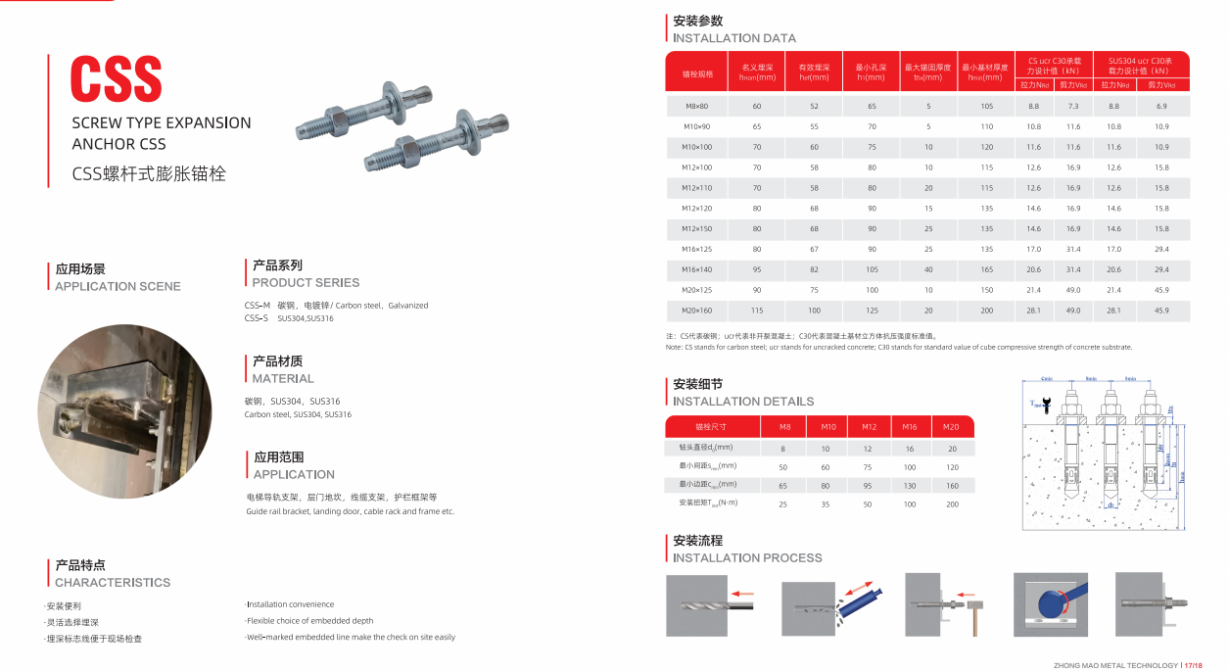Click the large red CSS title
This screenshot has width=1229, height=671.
116,78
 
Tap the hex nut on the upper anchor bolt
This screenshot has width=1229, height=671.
330,123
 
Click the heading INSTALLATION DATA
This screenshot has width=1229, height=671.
733,38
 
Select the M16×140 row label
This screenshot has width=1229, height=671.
697,269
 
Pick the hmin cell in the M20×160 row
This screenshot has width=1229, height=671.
986,311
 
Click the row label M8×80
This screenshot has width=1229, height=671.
697,106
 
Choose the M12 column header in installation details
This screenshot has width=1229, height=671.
869,427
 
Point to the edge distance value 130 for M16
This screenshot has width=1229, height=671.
910,485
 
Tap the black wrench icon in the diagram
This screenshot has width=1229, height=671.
1048,403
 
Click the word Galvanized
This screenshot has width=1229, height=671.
408,306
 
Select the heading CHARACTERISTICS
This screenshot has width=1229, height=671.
113,582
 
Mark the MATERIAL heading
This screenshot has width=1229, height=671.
283,378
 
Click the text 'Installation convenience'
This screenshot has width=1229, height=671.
290,604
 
